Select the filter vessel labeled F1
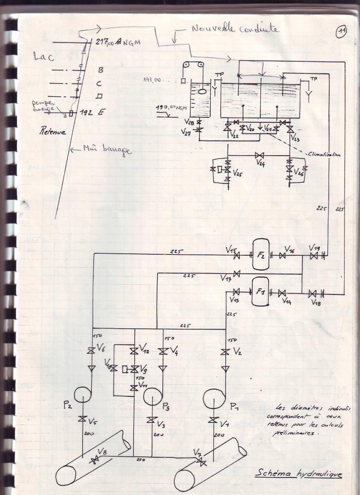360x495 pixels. click(260, 291)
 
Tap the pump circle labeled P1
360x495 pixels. click(214, 399)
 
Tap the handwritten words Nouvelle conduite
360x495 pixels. click(235, 29)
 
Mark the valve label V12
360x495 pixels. click(144, 347)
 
